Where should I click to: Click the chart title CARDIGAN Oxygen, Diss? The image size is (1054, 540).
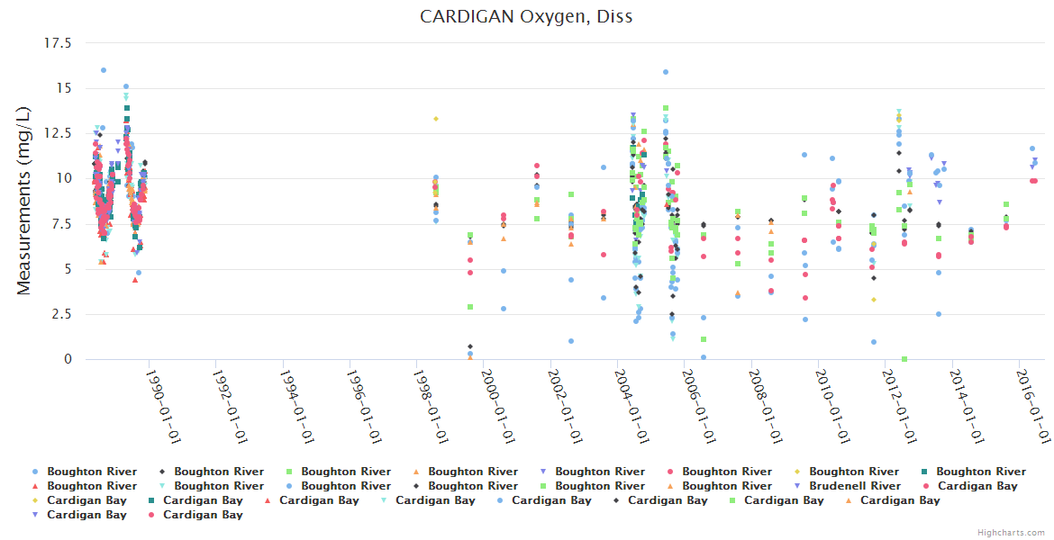point(526,17)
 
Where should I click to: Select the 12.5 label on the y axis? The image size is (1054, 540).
point(68,133)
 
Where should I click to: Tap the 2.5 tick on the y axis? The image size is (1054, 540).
point(75,314)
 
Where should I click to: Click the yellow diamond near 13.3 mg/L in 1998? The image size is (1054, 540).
point(436,119)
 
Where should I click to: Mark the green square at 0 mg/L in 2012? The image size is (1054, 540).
point(904,359)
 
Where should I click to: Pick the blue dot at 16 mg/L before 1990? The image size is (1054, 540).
point(104,70)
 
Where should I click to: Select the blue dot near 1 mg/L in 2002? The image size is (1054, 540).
point(571,341)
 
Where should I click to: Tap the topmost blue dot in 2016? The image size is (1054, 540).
point(1032,148)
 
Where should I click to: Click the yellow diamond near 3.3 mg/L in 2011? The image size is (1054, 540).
point(873,300)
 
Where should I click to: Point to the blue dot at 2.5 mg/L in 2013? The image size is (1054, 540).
point(939,314)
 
